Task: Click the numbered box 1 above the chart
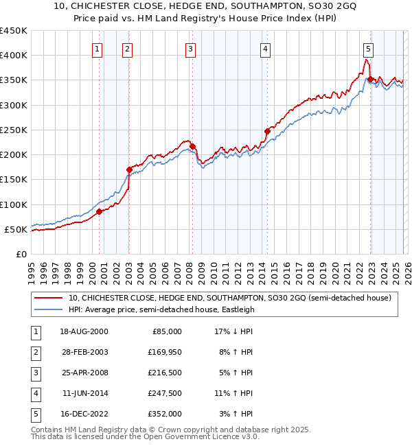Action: point(98,49)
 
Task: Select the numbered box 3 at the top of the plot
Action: point(190,49)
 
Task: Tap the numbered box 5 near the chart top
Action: point(369,49)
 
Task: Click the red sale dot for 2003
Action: point(129,169)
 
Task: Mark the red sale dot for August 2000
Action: point(99,211)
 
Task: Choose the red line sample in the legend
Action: point(49,298)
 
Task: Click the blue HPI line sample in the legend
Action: point(49,309)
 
